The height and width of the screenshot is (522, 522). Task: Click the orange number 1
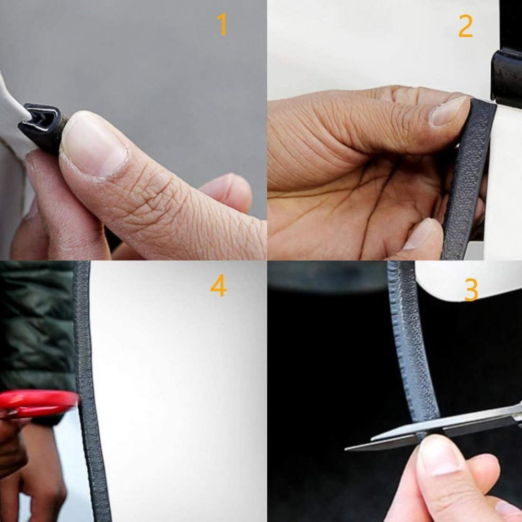tap(222, 24)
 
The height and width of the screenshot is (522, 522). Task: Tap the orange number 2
tap(466, 26)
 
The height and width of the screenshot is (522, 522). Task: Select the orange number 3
tap(471, 290)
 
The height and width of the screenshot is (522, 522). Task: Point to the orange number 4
tap(218, 286)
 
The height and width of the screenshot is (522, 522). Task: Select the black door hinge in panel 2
tap(506, 77)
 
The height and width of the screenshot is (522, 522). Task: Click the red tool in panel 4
tap(37, 404)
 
